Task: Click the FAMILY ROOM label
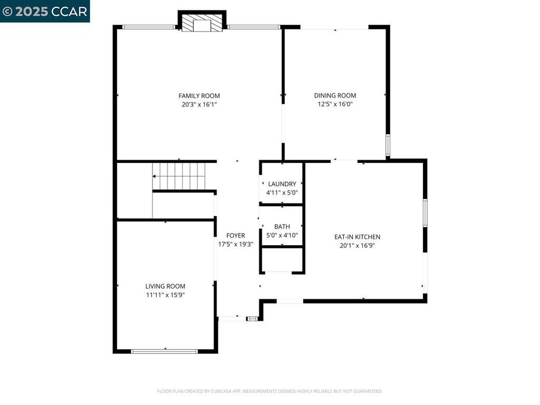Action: (199, 96)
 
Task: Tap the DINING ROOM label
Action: (335, 95)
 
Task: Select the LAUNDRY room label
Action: (282, 184)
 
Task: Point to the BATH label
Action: (282, 227)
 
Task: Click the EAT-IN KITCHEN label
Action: (357, 237)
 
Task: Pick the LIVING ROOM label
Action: (165, 286)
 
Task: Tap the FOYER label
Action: (236, 236)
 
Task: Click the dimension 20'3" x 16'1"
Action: (199, 104)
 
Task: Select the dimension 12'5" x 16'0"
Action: (335, 104)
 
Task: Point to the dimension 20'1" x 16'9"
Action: (357, 246)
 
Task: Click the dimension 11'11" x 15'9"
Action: (165, 295)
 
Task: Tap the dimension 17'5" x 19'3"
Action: (236, 244)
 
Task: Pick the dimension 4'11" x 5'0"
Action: (282, 192)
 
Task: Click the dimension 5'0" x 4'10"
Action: (282, 235)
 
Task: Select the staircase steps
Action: (179, 176)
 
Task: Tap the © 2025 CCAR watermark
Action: (45, 12)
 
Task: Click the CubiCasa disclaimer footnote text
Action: (269, 391)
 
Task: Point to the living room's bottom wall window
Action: (165, 351)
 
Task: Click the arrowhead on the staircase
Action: (154, 176)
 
